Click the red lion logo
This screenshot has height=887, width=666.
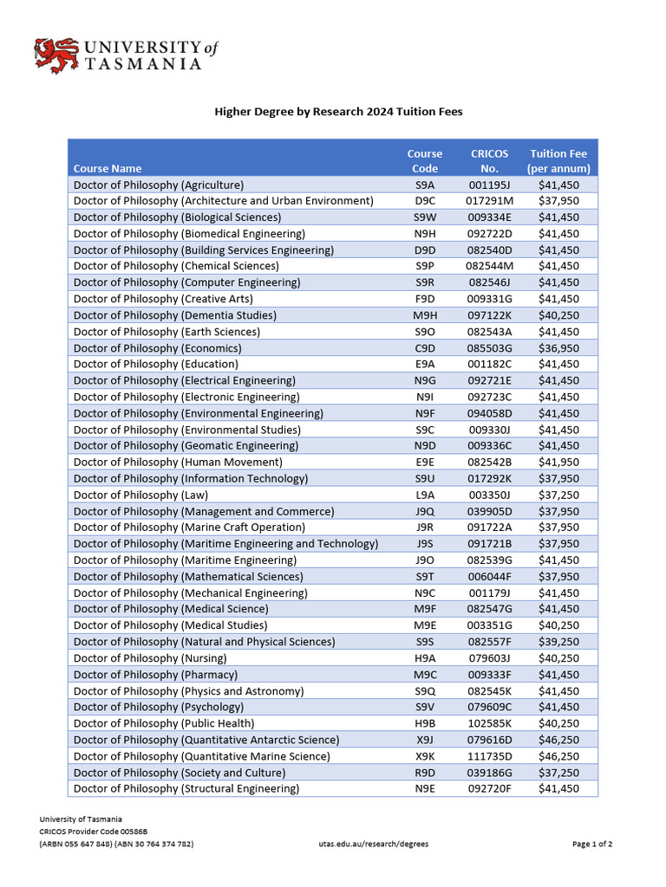coord(55,55)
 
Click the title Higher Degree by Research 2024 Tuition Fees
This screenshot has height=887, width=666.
coord(339,112)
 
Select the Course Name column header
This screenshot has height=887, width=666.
coord(108,168)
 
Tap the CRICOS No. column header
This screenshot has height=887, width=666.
coord(489,161)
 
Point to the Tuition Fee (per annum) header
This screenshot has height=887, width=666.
coord(558,161)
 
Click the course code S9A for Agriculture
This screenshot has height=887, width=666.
coord(425,185)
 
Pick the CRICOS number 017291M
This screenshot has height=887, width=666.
coord(489,201)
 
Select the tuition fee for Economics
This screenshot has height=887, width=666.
coord(558,348)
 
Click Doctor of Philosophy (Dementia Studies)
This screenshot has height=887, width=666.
coord(175,315)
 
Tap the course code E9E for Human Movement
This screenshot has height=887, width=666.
coord(425,463)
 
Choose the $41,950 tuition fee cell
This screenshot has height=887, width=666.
coord(558,463)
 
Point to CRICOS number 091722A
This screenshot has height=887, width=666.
coord(489,528)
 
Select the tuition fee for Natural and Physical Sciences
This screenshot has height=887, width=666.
coord(558,642)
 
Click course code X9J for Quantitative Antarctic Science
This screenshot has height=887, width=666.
coord(425,740)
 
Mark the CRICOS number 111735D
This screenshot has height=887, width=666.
coord(489,756)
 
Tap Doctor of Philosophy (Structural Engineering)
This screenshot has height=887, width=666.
coord(186,789)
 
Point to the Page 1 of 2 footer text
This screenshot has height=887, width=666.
coord(593,844)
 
